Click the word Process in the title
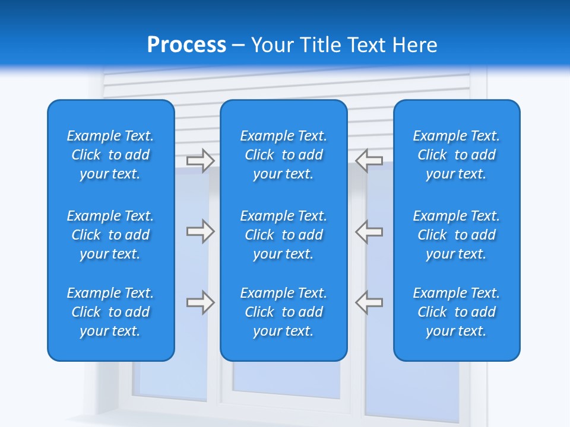pyautogui.click(x=186, y=45)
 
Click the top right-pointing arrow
pyautogui.click(x=201, y=161)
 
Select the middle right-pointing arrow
pyautogui.click(x=201, y=231)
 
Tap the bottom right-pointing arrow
pyautogui.click(x=201, y=302)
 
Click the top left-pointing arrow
pyautogui.click(x=369, y=161)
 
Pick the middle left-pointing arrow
pyautogui.click(x=369, y=231)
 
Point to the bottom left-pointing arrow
pyautogui.click(x=369, y=302)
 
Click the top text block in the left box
pyautogui.click(x=110, y=155)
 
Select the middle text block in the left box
pyautogui.click(x=110, y=235)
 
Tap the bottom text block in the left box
pyautogui.click(x=110, y=312)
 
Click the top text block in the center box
pyautogui.click(x=283, y=155)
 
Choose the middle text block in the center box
pyautogui.click(x=283, y=235)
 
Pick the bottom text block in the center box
pyautogui.click(x=283, y=312)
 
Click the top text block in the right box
pyautogui.click(x=457, y=155)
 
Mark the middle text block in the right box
pyautogui.click(x=457, y=235)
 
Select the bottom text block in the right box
pyautogui.click(x=457, y=312)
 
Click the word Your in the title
pyautogui.click(x=271, y=45)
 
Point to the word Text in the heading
pyautogui.click(x=369, y=45)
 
